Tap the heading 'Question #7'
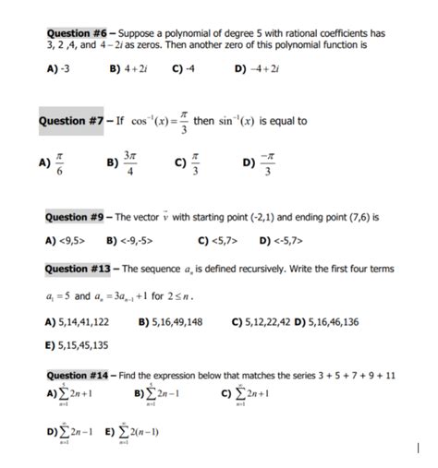click(73, 121)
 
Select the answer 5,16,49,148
click(176, 321)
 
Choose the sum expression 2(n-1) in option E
click(137, 430)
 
